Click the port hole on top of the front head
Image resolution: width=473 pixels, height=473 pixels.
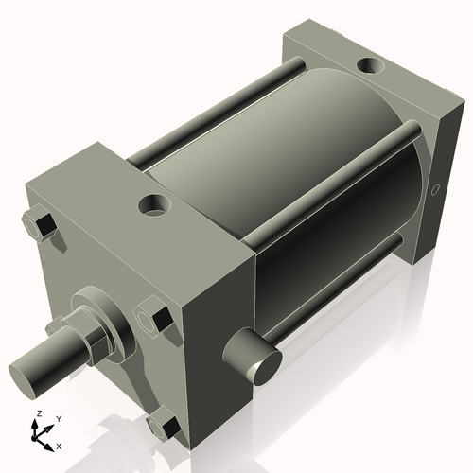(x=150, y=203)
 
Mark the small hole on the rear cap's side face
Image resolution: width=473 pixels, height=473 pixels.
(x=436, y=191)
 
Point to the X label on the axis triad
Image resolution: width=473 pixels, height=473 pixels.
(x=59, y=445)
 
